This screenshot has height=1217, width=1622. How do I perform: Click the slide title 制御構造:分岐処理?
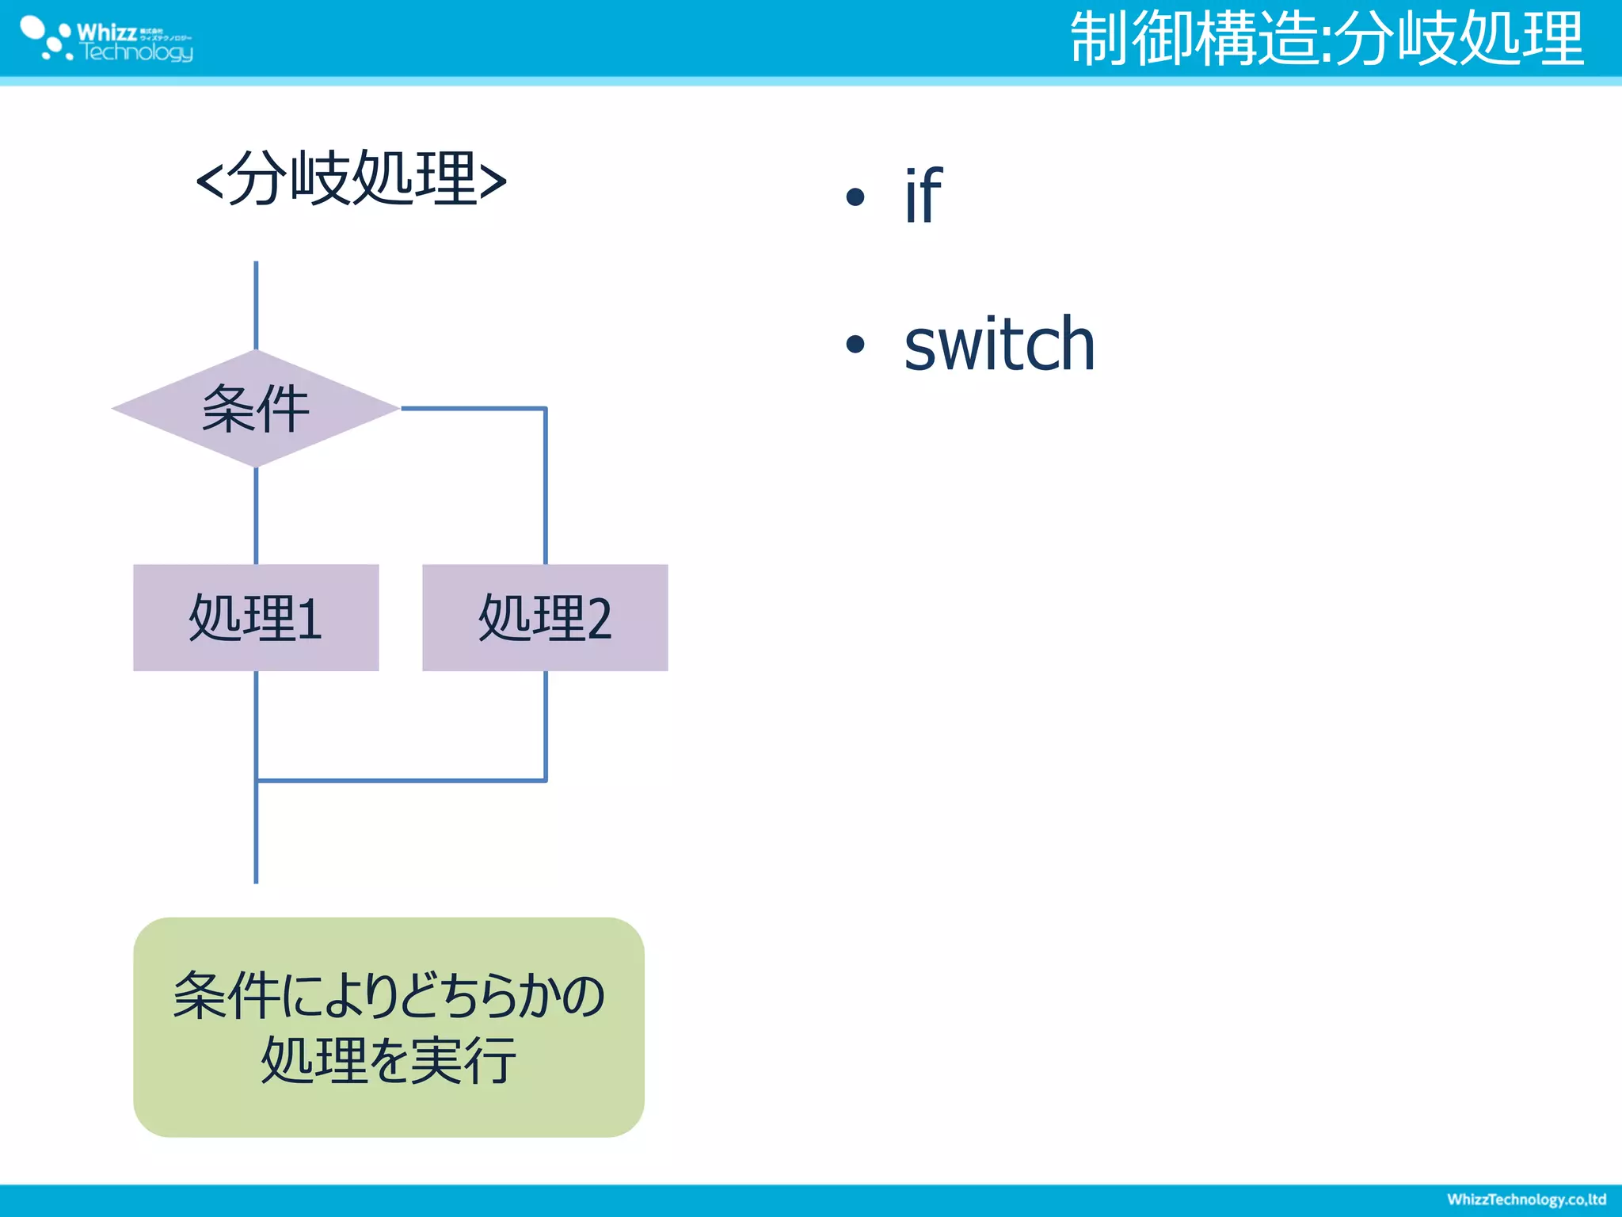[1327, 40]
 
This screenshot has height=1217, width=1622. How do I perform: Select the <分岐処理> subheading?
[351, 179]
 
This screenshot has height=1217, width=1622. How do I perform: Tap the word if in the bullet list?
[923, 196]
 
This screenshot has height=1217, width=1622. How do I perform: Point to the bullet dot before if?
[855, 196]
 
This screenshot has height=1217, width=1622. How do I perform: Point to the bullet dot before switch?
[855, 344]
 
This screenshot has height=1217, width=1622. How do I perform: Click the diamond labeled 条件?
[255, 409]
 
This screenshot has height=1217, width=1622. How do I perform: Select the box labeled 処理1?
[255, 618]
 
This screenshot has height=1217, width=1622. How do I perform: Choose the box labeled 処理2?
[545, 618]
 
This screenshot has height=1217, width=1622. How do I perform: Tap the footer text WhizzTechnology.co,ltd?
[1526, 1200]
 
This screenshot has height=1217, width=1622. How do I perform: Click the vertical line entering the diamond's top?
[256, 305]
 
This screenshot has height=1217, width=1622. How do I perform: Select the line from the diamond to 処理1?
[256, 515]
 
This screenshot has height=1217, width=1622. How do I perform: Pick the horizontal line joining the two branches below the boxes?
[401, 780]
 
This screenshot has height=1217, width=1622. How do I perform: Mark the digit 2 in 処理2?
[599, 620]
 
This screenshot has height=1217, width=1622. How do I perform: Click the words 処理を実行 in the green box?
[388, 1060]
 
